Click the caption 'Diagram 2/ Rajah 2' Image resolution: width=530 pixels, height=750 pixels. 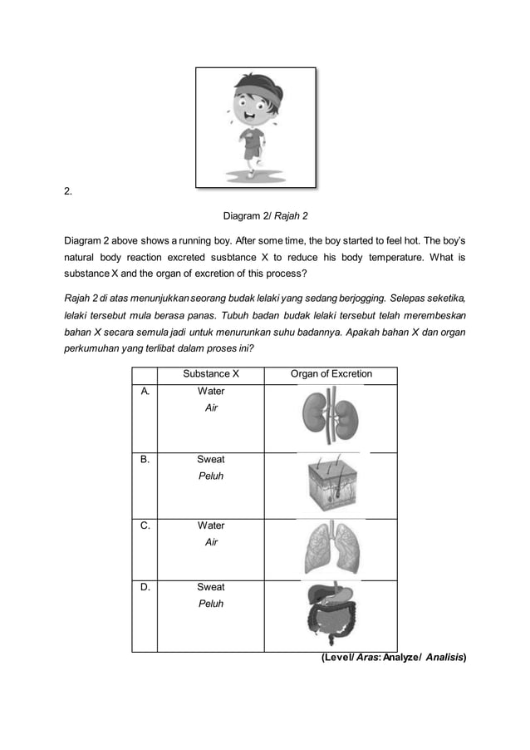point(265,215)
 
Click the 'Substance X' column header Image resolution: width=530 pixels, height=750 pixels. point(210,374)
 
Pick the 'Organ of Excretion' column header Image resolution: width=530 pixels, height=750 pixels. point(331,374)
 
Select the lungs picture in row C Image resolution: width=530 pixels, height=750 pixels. point(330,548)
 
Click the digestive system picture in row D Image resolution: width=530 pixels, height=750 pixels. point(330,614)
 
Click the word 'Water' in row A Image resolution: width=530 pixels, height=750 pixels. point(210,391)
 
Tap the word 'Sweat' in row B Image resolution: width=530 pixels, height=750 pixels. point(210,459)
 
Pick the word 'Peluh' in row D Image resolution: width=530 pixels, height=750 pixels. point(210,604)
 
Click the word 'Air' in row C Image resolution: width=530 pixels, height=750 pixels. point(210,542)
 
